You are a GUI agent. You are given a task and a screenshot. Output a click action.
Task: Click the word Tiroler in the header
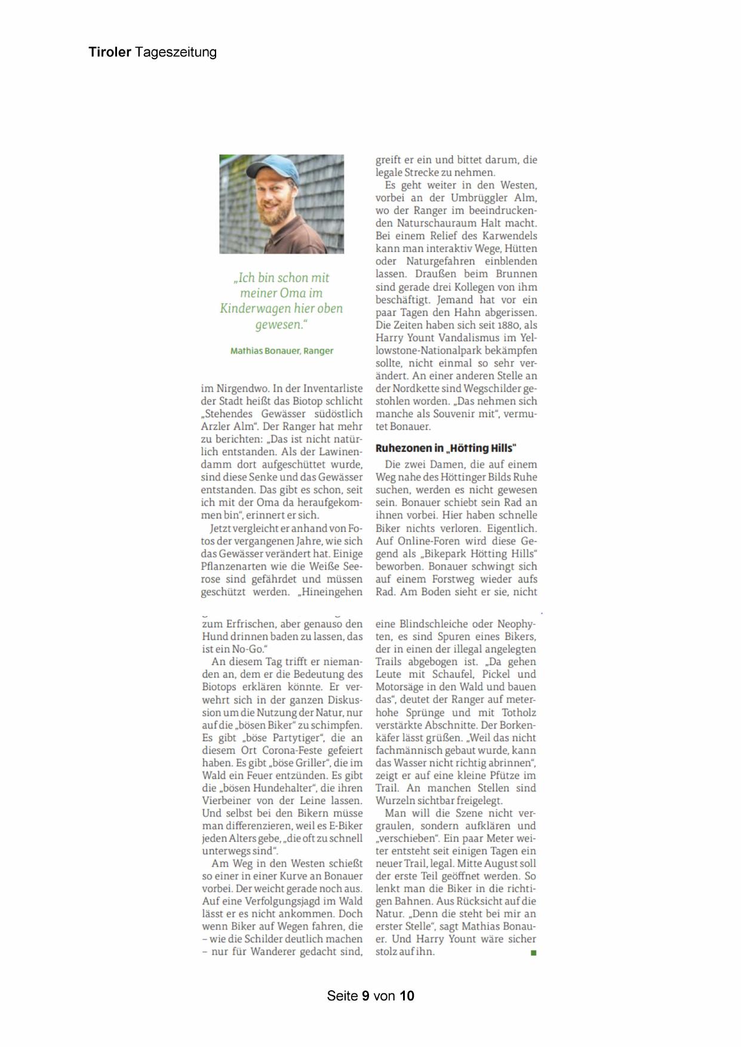coord(110,52)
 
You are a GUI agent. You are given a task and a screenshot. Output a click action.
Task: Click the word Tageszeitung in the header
coord(176,53)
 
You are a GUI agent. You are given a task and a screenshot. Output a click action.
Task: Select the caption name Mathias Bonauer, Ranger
coord(282,351)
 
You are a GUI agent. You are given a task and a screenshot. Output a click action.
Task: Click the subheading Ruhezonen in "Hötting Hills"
coord(445,448)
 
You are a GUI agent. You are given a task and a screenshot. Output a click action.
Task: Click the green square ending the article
coord(533,953)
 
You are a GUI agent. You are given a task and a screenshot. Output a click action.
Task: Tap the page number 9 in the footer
coord(365,996)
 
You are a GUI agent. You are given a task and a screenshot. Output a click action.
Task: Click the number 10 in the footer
coord(407,996)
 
